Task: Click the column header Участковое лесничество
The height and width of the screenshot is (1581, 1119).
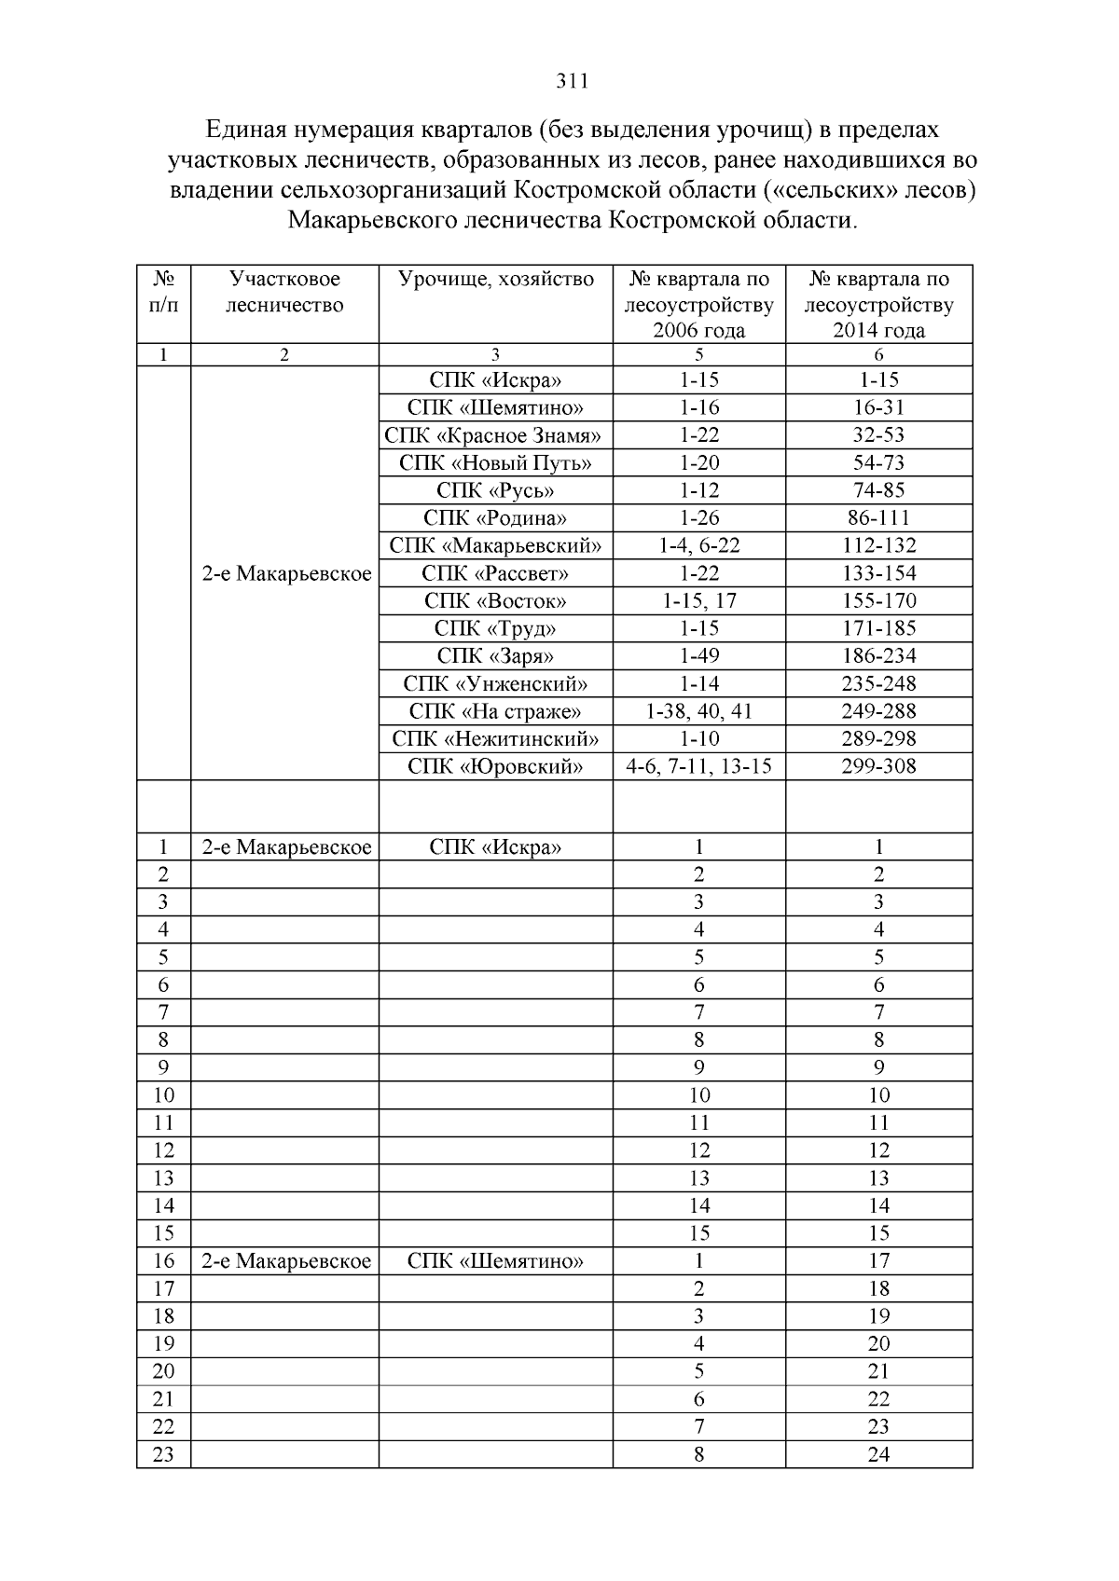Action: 284,292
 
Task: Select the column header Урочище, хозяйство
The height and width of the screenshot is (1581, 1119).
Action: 495,279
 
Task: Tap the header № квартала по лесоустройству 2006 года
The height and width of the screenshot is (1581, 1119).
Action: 699,305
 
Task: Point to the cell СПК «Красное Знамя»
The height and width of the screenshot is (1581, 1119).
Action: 493,435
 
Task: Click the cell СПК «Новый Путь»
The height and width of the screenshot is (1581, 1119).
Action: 495,463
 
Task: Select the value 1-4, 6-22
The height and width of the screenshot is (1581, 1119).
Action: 699,545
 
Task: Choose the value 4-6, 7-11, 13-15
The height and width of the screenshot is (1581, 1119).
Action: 699,766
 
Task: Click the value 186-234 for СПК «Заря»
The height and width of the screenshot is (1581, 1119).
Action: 878,655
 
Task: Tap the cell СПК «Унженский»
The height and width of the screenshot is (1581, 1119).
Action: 495,683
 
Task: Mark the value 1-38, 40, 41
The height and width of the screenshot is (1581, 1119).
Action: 699,711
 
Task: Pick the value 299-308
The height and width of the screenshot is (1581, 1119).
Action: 878,766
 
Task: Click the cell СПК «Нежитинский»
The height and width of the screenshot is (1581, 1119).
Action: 495,739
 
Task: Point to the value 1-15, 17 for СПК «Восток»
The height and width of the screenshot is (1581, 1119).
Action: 699,600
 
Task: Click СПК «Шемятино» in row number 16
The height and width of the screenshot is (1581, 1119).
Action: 495,1261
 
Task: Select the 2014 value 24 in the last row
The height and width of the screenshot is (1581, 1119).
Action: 878,1454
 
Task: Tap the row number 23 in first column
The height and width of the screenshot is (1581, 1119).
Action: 163,1454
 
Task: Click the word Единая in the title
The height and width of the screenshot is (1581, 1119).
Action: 245,128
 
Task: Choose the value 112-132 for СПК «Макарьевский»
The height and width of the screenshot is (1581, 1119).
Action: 878,545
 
